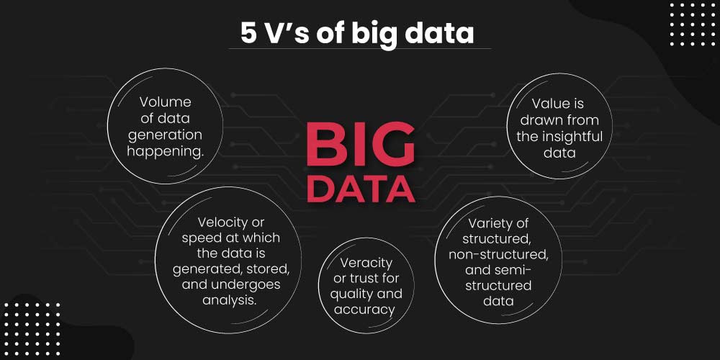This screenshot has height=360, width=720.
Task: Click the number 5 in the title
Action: (x=248, y=33)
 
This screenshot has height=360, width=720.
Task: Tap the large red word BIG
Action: (x=361, y=145)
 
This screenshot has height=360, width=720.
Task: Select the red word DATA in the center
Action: (x=361, y=188)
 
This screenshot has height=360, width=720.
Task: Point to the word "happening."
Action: (x=166, y=152)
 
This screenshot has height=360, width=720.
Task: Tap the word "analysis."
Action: (x=230, y=300)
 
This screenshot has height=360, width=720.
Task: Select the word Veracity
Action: (x=366, y=263)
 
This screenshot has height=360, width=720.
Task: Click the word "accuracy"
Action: (x=364, y=310)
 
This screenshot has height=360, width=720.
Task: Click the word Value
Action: (x=547, y=104)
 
